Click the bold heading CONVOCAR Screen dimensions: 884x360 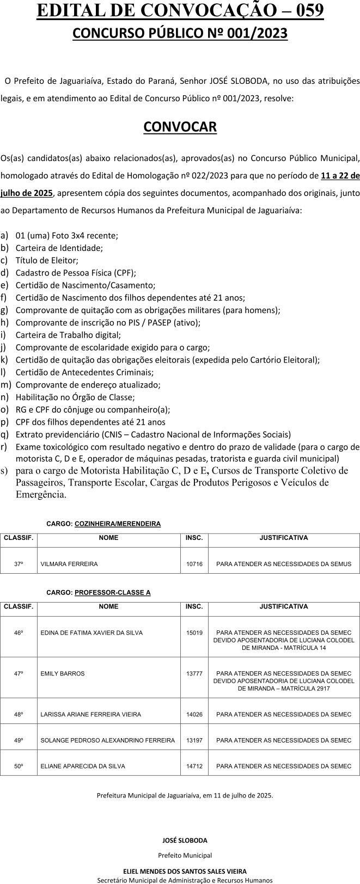click(180, 127)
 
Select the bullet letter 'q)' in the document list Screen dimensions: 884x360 click(4, 434)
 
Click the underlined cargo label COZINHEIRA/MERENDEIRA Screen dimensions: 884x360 click(118, 524)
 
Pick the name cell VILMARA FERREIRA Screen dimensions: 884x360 click(69, 564)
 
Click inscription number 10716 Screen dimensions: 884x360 click(194, 564)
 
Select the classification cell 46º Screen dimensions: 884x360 click(19, 633)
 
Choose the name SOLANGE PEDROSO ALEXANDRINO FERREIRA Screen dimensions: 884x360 click(108, 740)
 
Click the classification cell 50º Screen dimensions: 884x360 click(19, 766)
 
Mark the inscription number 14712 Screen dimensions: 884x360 click(194, 766)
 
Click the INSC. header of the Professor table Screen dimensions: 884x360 click(194, 606)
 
